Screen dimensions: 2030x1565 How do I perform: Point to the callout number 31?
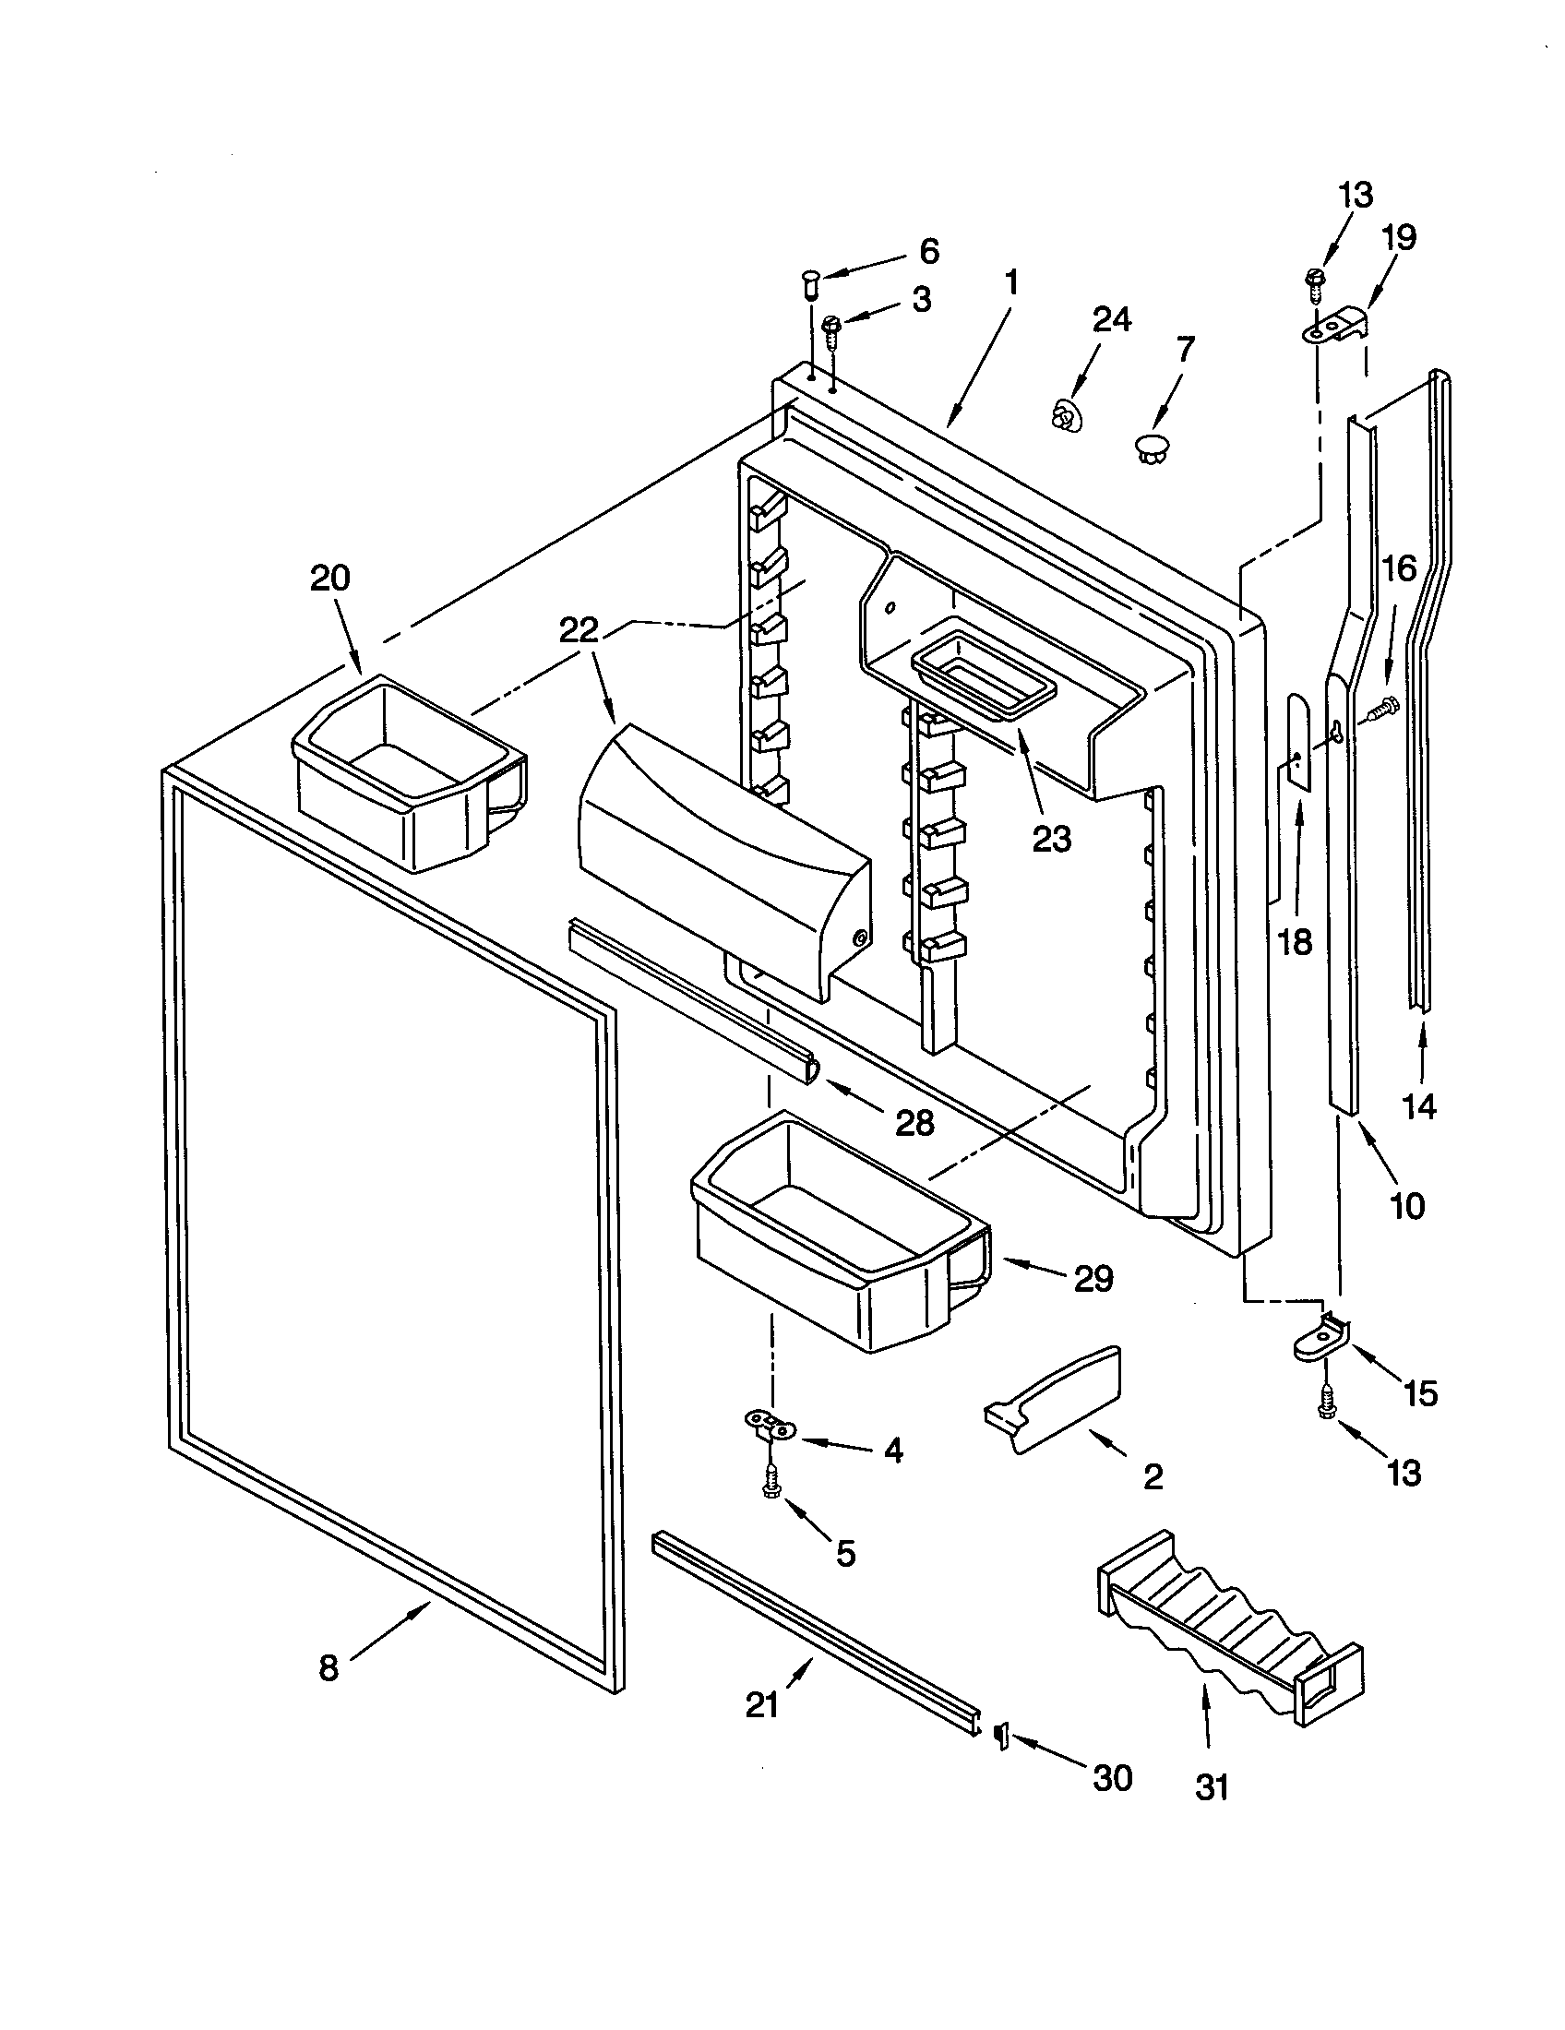pyautogui.click(x=1212, y=1787)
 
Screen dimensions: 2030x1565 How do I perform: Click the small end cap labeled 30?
pyautogui.click(x=1002, y=1735)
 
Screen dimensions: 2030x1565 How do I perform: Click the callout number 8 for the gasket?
pyautogui.click(x=329, y=1668)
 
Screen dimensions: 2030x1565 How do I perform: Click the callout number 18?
pyautogui.click(x=1295, y=941)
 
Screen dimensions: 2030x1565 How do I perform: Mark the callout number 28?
pyautogui.click(x=914, y=1123)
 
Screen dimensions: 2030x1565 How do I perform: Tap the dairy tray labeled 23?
pyautogui.click(x=986, y=662)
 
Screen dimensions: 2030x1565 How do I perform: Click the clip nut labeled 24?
pyautogui.click(x=1064, y=414)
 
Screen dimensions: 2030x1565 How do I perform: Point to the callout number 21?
pyautogui.click(x=762, y=1704)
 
